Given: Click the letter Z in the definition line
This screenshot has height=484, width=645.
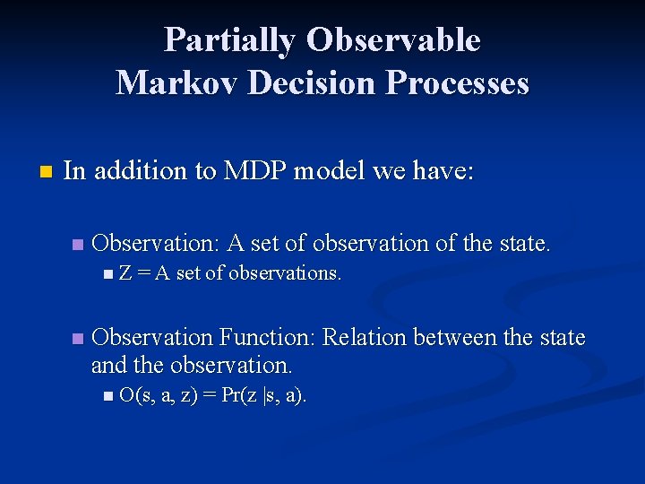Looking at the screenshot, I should [x=125, y=273].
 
